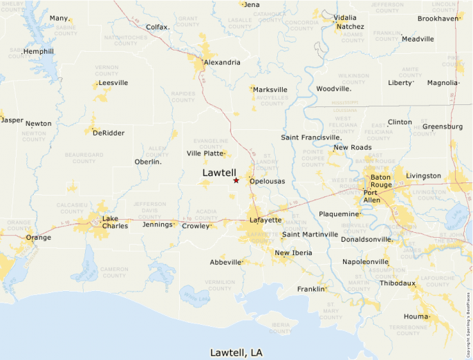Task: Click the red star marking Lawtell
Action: click(x=236, y=180)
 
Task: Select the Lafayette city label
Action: click(x=266, y=220)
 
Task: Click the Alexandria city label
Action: click(x=222, y=62)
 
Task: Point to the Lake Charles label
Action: click(x=115, y=222)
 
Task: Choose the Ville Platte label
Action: click(x=205, y=153)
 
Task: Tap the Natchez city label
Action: click(x=350, y=27)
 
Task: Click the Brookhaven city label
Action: click(x=438, y=19)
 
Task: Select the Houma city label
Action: click(x=416, y=316)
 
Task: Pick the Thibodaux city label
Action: click(x=398, y=283)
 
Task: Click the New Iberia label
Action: click(x=293, y=253)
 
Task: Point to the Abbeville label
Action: click(x=225, y=263)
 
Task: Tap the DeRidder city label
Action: click(x=109, y=133)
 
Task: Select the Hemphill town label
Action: click(x=38, y=52)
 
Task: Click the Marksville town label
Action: click(x=270, y=90)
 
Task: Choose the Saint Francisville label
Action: click(x=311, y=138)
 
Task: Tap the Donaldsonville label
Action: click(x=367, y=239)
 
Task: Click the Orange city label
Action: click(x=39, y=238)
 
